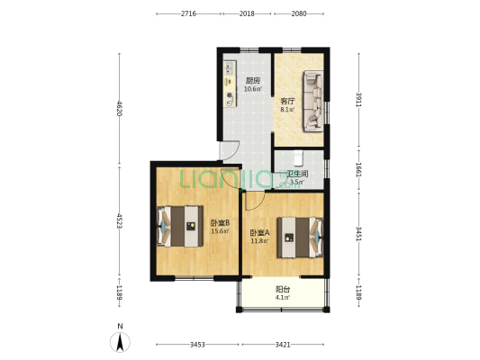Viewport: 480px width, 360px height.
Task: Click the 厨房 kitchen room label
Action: pos(253,81)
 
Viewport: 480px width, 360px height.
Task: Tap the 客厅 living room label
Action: pos(288,101)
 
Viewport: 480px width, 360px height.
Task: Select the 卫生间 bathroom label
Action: pos(297,175)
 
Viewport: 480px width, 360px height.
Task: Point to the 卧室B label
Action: pos(220,222)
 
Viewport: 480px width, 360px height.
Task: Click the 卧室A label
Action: pos(260,233)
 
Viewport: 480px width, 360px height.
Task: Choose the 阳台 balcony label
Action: pos(283,289)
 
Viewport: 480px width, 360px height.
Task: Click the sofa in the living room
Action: pos(313,101)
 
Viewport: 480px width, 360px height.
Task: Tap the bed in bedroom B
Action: pos(180,226)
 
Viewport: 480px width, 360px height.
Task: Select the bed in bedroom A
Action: pos(300,238)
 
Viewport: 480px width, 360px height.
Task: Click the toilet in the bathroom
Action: pos(298,157)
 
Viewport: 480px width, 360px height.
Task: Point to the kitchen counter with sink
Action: pos(231,84)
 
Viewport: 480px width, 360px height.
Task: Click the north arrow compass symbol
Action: pos(121,342)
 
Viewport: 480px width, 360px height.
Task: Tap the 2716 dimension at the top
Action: pos(188,13)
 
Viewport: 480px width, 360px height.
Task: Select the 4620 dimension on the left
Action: pos(120,109)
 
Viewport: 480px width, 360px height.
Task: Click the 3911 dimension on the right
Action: pos(358,100)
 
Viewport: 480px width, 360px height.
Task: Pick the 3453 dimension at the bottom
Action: pos(197,345)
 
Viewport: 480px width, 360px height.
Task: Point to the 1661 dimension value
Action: pos(358,169)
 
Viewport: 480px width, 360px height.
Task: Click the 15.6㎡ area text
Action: pos(220,231)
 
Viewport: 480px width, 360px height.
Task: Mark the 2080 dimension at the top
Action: pos(299,13)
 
